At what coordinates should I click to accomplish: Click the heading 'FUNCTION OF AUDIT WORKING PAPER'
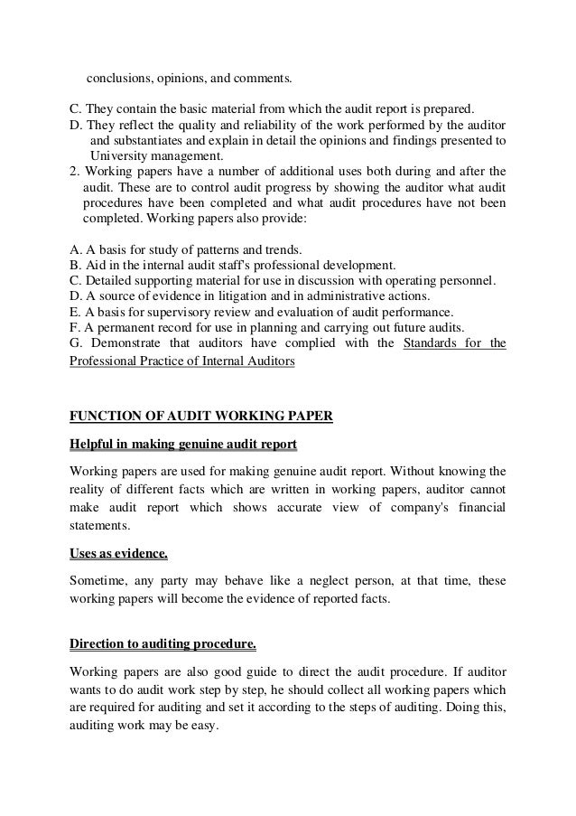[x=200, y=416]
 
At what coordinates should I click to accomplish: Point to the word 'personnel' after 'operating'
[x=463, y=280]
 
